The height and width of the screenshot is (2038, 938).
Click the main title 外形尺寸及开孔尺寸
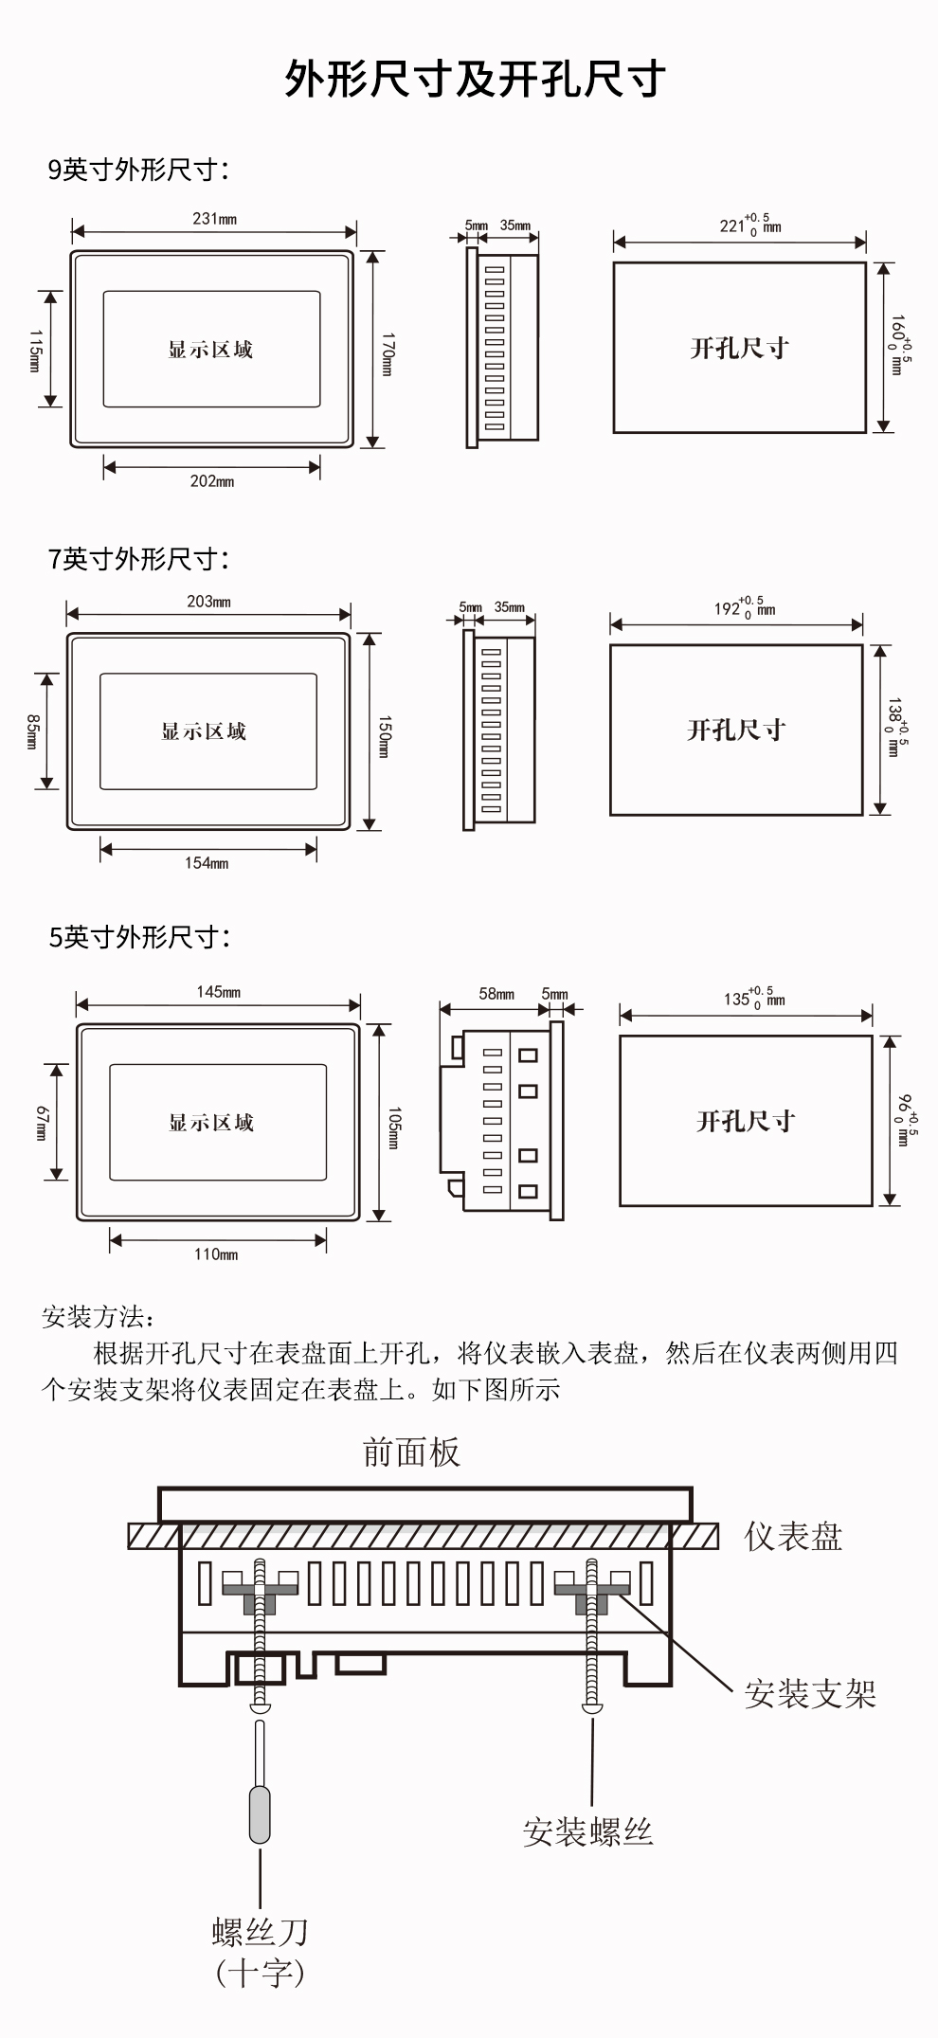pyautogui.click(x=474, y=80)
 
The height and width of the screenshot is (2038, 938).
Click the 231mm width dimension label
pyautogui.click(x=214, y=219)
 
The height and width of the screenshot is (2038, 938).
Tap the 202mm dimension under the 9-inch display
pyautogui.click(x=211, y=481)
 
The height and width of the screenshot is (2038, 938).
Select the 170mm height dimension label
pyautogui.click(x=387, y=354)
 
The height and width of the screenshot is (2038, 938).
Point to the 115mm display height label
pyautogui.click(x=35, y=351)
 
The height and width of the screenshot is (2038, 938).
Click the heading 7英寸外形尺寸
pyautogui.click(x=138, y=559)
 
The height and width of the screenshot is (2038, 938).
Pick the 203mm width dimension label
pyautogui.click(x=208, y=602)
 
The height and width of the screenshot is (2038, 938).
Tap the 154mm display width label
pyautogui.click(x=207, y=863)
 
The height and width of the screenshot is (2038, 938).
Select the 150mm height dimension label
pyautogui.click(x=384, y=736)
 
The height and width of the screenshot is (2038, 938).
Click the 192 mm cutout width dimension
pyautogui.click(x=744, y=608)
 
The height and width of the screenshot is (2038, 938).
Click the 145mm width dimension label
pyautogui.click(x=218, y=992)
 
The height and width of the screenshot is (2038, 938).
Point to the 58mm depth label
pyautogui.click(x=496, y=994)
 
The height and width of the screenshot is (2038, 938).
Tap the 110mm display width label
pyautogui.click(x=216, y=1254)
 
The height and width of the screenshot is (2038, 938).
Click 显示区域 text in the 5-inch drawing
pyautogui.click(x=211, y=1123)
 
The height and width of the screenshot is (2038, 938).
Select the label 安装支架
pyautogui.click(x=809, y=1693)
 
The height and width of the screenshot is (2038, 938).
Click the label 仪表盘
pyautogui.click(x=793, y=1536)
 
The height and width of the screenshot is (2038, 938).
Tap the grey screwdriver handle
pyautogui.click(x=259, y=1813)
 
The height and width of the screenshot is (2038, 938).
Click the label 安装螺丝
pyautogui.click(x=587, y=1831)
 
